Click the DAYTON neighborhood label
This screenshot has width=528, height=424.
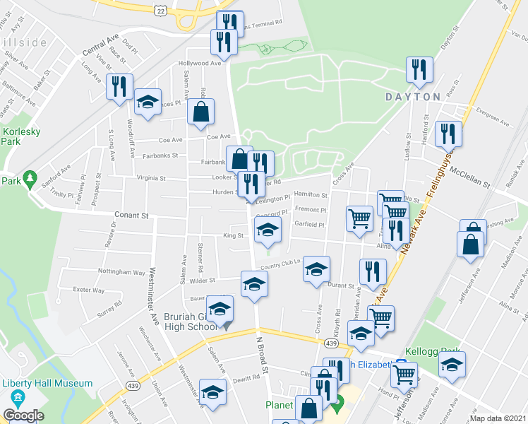[x=413, y=96]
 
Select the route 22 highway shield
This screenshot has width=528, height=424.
[x=162, y=11]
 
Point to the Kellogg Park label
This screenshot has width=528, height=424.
[x=432, y=351]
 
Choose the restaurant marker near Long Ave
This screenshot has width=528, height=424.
[x=119, y=86]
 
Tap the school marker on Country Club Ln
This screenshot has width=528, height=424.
[x=316, y=268]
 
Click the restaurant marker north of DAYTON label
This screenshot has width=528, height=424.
[x=419, y=69]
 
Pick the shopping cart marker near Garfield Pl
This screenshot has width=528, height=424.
[x=360, y=218]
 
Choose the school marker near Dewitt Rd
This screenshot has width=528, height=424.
[x=212, y=392]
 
